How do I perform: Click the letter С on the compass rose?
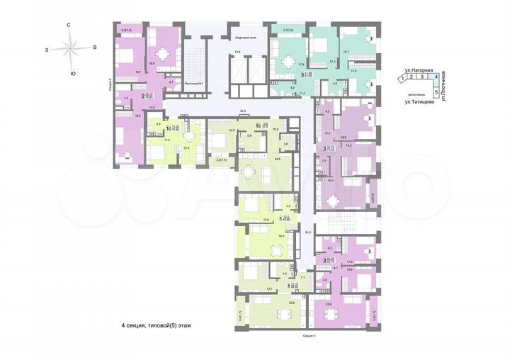point(69,26)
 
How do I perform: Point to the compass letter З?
point(45,50)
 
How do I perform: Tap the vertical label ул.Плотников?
point(444,89)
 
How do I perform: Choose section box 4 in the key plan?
point(436,79)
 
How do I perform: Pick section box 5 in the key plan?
point(436,91)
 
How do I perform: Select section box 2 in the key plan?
point(413,79)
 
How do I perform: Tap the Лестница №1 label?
point(193,84)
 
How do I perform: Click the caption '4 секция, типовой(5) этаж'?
point(155,325)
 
